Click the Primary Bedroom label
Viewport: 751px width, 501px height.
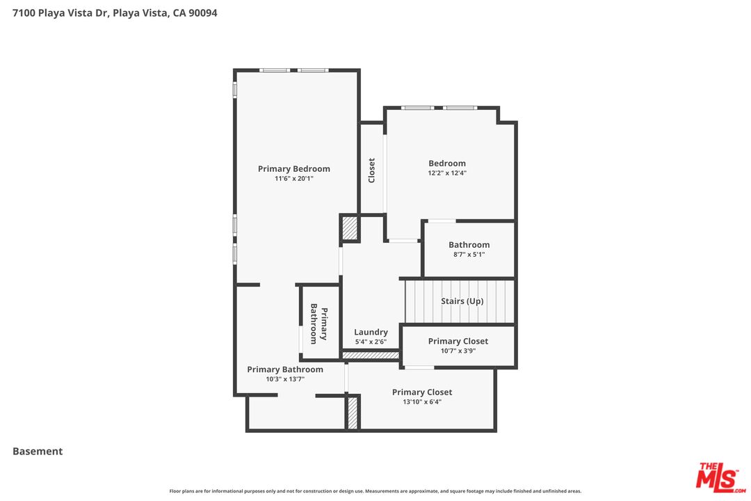coord(293,168)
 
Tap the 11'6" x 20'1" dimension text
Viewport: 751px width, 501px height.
coord(293,179)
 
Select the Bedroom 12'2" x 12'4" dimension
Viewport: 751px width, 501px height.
coord(447,173)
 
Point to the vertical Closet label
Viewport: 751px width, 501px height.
coord(371,170)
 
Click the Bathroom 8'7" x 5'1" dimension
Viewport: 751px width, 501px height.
coord(469,255)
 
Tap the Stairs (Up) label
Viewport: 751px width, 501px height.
coord(462,301)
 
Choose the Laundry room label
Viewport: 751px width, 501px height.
coord(371,332)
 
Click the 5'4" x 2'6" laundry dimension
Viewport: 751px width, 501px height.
coord(371,342)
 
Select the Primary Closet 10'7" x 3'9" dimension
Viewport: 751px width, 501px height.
coord(458,351)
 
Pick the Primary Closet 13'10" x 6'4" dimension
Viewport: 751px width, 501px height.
coord(421,401)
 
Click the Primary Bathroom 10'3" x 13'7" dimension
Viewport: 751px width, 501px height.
coord(285,379)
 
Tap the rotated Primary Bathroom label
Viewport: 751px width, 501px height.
coord(318,324)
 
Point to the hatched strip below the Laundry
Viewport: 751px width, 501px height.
coord(371,356)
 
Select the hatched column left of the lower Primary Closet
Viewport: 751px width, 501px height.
coord(353,412)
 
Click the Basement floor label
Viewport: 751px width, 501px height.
coord(38,451)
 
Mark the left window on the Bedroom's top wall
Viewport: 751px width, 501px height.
coord(417,108)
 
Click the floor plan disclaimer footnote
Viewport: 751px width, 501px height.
coord(375,491)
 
